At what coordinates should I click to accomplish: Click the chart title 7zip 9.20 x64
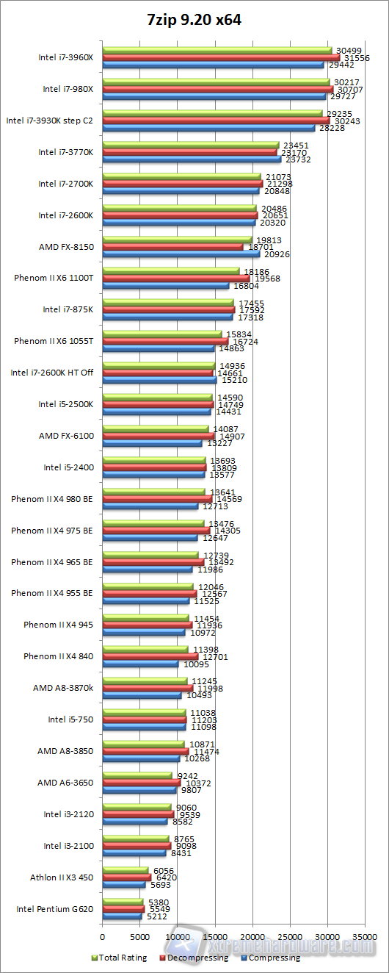194,21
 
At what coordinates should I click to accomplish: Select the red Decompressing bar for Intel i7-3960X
220,57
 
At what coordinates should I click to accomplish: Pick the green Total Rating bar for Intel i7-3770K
191,145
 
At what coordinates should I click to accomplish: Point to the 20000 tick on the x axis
252,937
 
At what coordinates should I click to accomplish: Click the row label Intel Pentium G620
55,909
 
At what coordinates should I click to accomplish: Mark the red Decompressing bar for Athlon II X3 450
126,877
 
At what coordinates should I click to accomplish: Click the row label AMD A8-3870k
63,689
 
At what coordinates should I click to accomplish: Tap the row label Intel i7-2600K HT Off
52,373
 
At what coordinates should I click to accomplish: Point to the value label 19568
267,279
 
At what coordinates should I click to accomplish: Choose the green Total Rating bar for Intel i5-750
144,713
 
